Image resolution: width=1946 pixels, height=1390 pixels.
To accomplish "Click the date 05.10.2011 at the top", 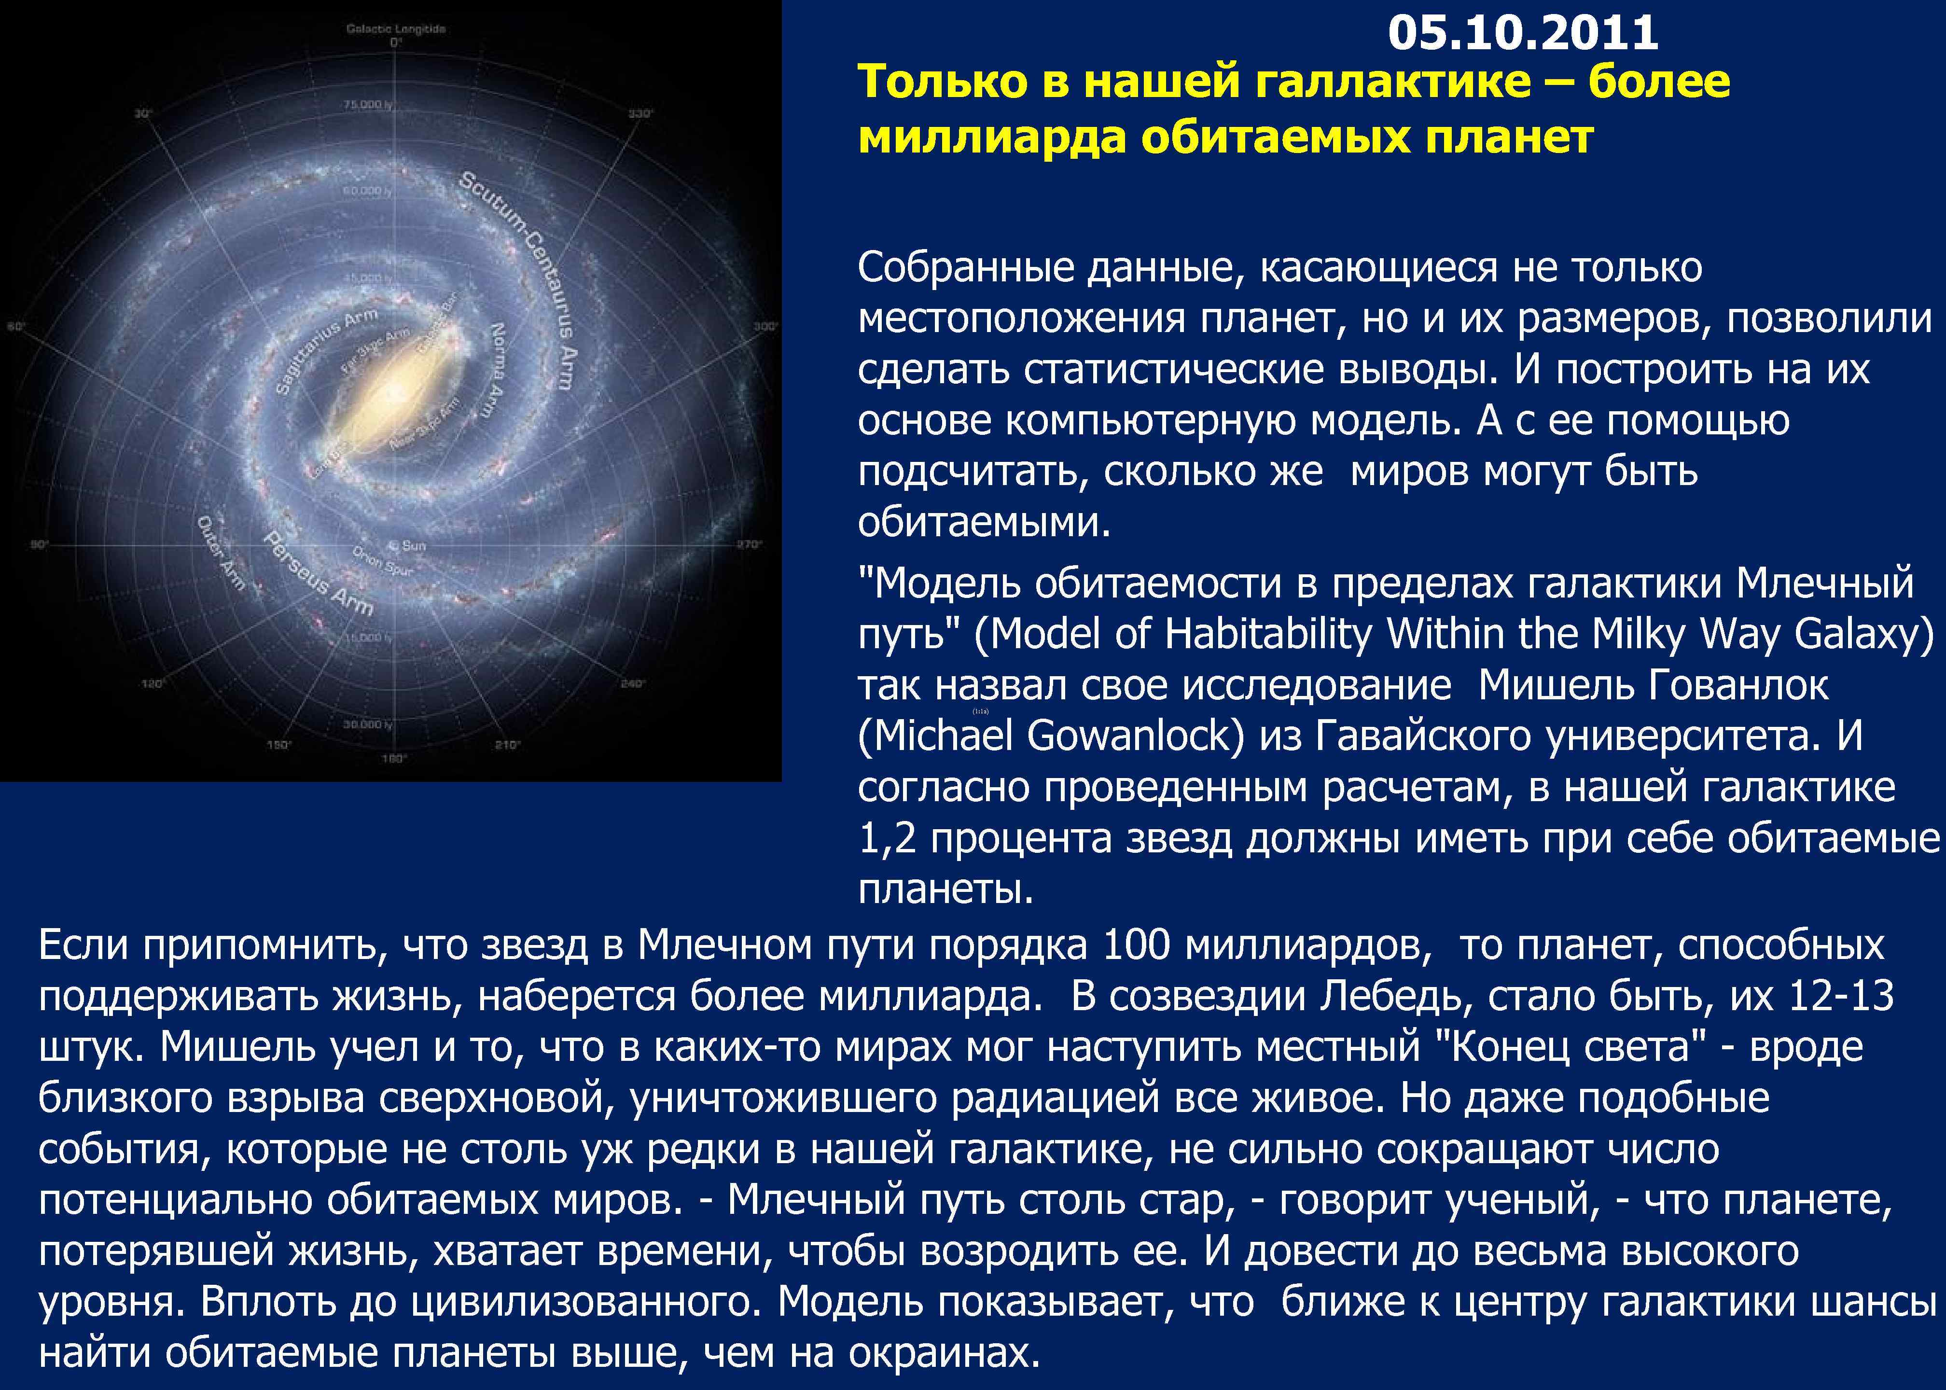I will (x=1523, y=32).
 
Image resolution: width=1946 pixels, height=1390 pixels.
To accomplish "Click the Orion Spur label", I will (x=383, y=561).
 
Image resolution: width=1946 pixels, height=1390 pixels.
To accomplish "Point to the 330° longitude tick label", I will (x=640, y=113).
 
